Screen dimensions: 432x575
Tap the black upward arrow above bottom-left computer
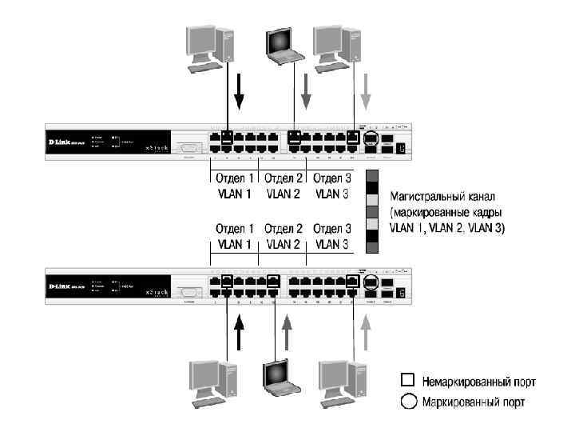238,334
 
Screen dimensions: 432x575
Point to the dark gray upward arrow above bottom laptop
287,334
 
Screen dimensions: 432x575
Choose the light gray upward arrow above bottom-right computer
366,334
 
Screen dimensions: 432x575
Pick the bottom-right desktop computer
343,382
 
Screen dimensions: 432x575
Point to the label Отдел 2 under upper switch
284,178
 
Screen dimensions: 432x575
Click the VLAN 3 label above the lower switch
331,243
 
